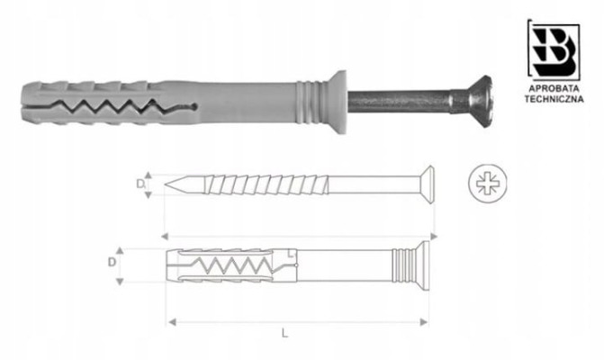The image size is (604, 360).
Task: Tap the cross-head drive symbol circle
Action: coord(487,184)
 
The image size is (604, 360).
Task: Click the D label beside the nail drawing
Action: coord(140,184)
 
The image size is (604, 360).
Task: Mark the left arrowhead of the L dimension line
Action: coord(173,320)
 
